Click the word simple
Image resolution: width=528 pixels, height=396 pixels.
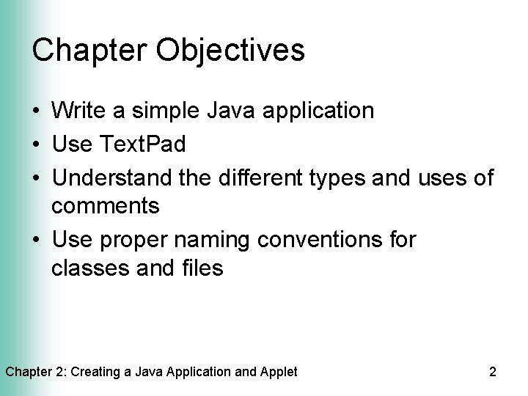(x=166, y=111)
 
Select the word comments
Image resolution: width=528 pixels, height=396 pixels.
(x=106, y=206)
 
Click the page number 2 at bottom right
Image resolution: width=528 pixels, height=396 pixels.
(x=492, y=372)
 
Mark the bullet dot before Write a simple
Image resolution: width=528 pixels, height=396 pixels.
(x=36, y=112)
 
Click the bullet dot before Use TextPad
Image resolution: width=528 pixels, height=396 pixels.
(x=36, y=145)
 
